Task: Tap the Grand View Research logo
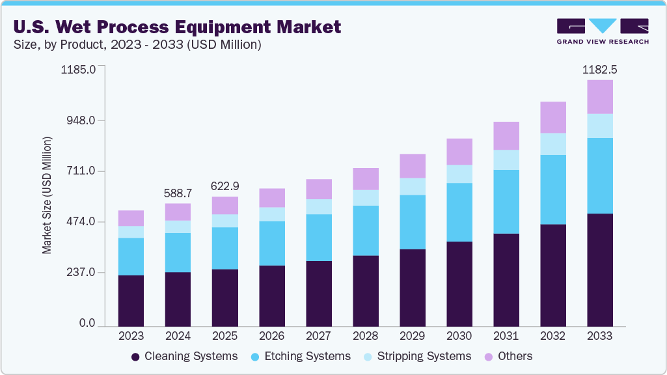[x=602, y=31]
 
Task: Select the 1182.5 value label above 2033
[x=599, y=69]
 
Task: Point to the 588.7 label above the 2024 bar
[x=178, y=193]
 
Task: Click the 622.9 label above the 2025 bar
[x=225, y=186]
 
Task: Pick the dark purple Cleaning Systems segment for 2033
[x=599, y=270]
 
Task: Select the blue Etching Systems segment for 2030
[x=459, y=212]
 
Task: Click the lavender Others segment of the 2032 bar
[x=552, y=117]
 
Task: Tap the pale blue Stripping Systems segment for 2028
[x=365, y=198]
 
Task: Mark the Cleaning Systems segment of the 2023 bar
[x=131, y=300]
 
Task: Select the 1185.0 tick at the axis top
[x=79, y=69]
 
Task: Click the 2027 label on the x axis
[x=318, y=336]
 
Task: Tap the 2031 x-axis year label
[x=506, y=336]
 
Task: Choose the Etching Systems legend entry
[x=310, y=356]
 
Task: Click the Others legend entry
[x=514, y=356]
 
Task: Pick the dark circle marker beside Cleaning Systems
[x=135, y=357]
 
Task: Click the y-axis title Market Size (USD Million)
[x=47, y=195]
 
